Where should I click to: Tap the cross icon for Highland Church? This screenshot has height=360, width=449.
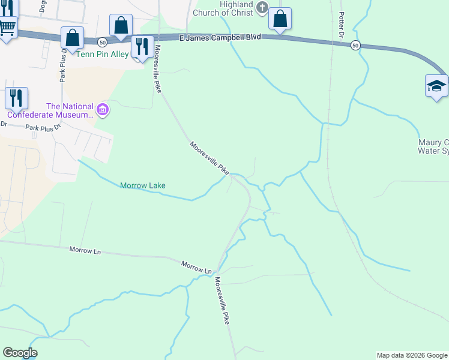click(262, 7)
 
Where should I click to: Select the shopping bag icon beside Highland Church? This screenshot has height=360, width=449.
click(280, 19)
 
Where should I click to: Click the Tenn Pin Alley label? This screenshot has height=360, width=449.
click(103, 53)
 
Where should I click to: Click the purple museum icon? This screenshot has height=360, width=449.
click(103, 110)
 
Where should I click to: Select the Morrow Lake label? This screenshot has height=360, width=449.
click(143, 185)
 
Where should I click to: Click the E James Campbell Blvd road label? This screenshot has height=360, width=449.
click(220, 37)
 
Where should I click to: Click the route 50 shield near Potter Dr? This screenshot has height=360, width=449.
click(355, 45)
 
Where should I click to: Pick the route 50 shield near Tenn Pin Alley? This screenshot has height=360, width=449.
click(103, 42)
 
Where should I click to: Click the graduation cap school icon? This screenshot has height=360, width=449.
click(436, 86)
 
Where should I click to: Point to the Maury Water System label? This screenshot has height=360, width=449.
click(433, 146)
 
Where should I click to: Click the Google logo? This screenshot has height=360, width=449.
click(20, 353)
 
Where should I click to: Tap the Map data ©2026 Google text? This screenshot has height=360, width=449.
click(412, 355)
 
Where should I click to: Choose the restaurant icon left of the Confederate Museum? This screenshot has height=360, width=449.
click(16, 98)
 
